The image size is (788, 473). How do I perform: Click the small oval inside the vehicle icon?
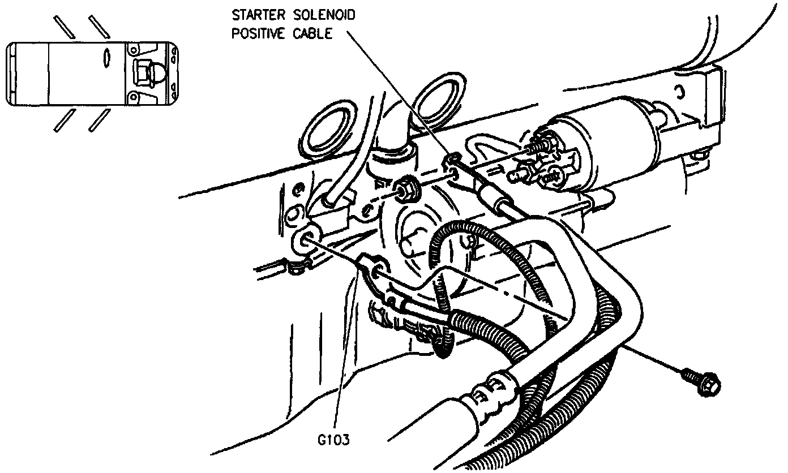click(105, 58)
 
